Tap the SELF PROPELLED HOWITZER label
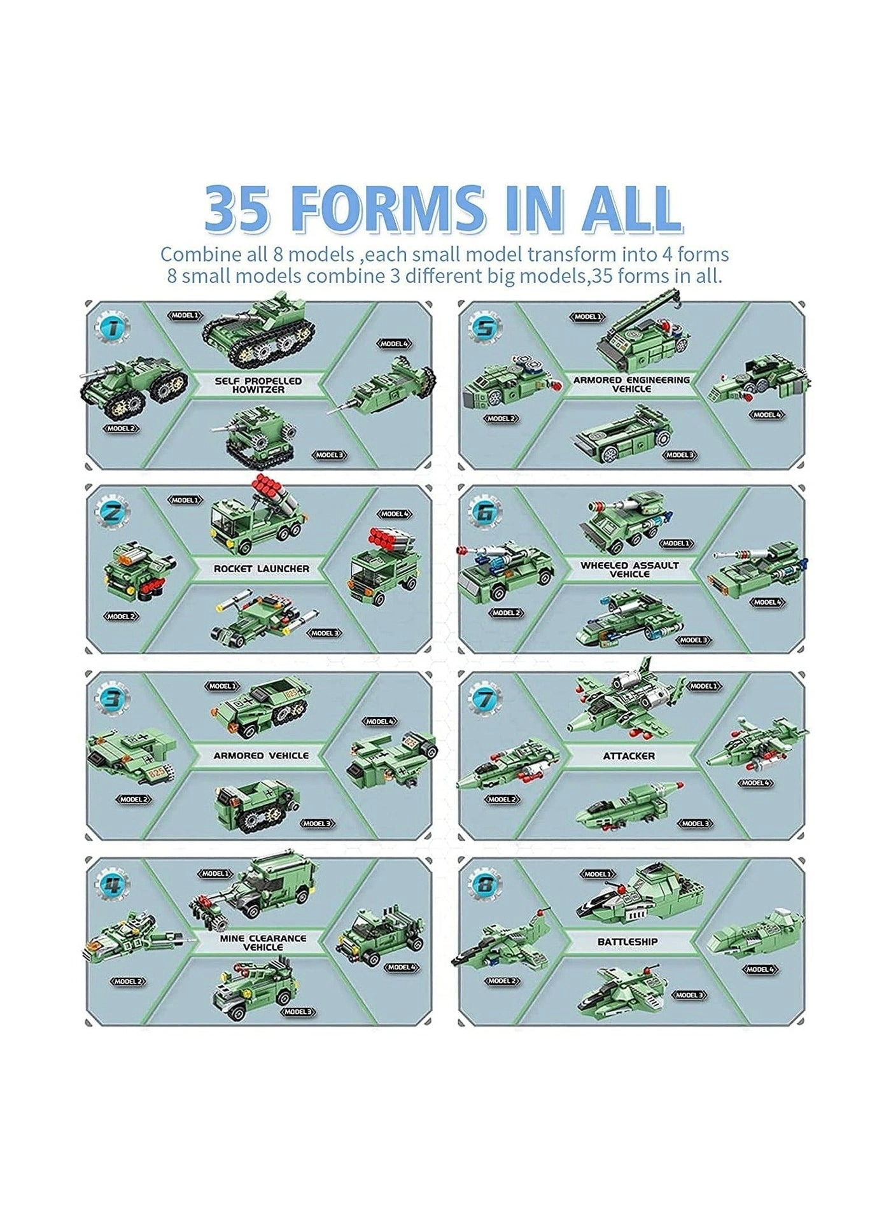[258, 385]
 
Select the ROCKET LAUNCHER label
[261, 568]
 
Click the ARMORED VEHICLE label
[261, 755]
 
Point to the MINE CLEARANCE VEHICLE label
[263, 943]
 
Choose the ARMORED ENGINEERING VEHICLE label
[631, 384]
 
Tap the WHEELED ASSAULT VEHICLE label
[629, 569]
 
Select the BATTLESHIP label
[628, 941]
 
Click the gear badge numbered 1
[113, 329]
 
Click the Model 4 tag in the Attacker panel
[756, 783]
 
